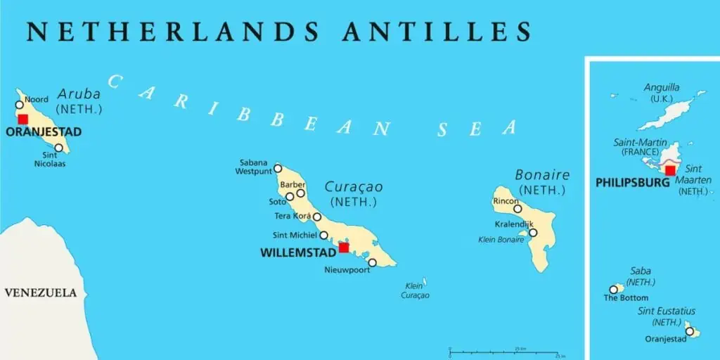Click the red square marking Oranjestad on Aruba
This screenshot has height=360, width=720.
point(23,119)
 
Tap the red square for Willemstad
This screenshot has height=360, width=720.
point(344,247)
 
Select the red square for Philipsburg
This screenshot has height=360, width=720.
point(670,170)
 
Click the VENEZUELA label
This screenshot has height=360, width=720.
point(41,292)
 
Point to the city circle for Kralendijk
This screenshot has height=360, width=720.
point(533,233)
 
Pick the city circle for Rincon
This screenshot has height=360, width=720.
point(517,208)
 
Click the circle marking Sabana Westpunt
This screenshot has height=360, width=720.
point(278,168)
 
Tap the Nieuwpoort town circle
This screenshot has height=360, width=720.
point(372,262)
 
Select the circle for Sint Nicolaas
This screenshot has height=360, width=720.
point(58,148)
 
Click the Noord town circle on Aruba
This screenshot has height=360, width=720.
point(20,105)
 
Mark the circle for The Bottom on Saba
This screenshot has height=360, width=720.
point(613,289)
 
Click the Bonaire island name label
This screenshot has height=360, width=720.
point(542,175)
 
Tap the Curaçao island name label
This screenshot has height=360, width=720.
point(354,187)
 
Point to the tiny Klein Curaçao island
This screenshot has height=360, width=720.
point(424,282)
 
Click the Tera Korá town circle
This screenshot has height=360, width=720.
point(317,217)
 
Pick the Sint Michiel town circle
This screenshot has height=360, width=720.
point(324,236)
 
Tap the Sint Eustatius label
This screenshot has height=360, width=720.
point(666,311)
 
